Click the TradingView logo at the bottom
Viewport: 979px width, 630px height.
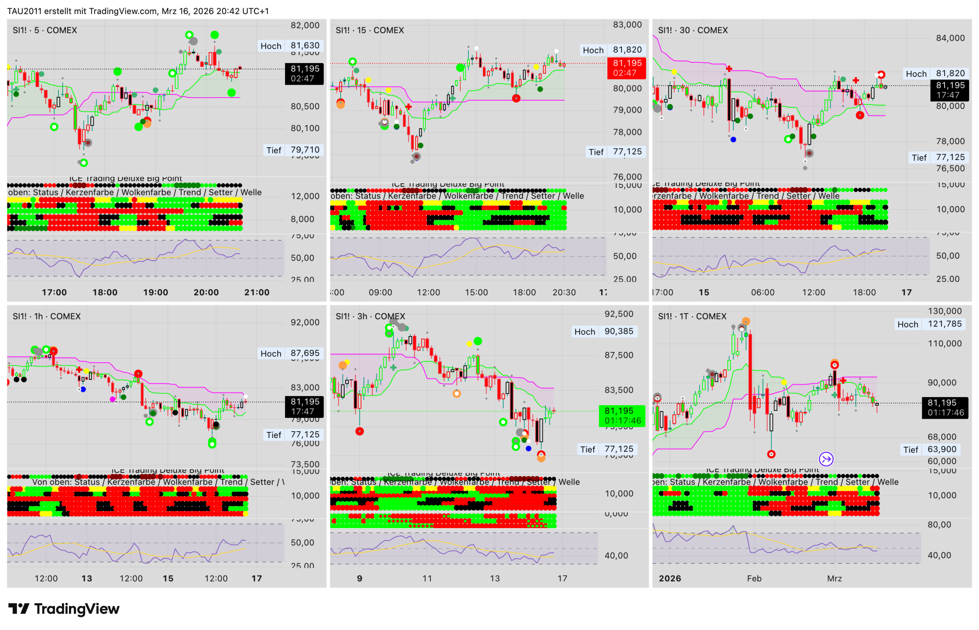click(x=64, y=609)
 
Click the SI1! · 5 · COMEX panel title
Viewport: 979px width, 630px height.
click(x=45, y=30)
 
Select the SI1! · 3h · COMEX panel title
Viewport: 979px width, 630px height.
click(x=370, y=316)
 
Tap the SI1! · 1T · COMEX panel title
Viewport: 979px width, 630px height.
click(x=692, y=316)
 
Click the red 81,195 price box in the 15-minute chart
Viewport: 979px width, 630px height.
click(x=627, y=68)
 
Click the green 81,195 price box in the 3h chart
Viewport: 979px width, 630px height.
click(x=621, y=416)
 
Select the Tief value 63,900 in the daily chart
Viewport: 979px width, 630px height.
click(x=941, y=449)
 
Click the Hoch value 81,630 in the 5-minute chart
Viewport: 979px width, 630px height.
click(x=305, y=45)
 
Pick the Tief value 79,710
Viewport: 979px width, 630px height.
click(x=305, y=150)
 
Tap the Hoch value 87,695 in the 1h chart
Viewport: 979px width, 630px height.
click(x=305, y=353)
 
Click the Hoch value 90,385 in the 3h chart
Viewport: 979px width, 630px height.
click(x=619, y=331)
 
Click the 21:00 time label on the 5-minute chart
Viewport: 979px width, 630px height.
click(x=256, y=292)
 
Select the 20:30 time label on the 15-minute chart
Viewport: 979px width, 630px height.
click(x=564, y=292)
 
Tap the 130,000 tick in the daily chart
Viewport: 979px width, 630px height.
click(x=944, y=311)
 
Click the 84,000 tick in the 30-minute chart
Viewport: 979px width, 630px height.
click(x=950, y=38)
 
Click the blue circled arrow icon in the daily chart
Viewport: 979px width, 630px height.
click(x=826, y=459)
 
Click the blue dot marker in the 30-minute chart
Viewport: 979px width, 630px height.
click(x=733, y=140)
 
